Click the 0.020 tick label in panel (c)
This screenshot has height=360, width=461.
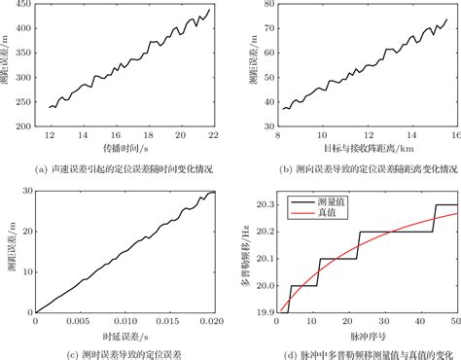pos(206,323)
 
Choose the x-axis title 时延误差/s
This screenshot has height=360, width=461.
pos(124,335)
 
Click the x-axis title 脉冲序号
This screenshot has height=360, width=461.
pos(367,335)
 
